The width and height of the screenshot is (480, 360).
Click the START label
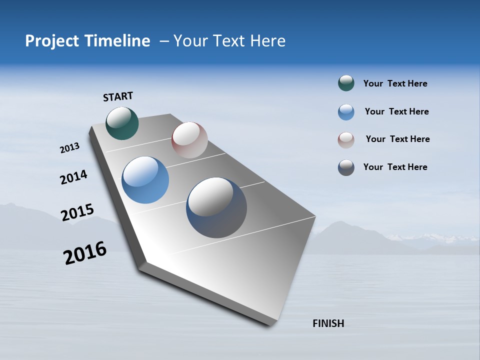(118, 96)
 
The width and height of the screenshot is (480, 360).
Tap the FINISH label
(328, 323)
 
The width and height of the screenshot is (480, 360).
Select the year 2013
(70, 148)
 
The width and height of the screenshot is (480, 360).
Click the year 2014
(73, 177)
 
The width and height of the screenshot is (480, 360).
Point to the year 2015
(77, 212)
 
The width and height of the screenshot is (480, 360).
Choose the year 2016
(85, 253)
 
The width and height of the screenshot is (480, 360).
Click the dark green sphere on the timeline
(122, 123)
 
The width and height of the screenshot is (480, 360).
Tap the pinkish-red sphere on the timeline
(189, 140)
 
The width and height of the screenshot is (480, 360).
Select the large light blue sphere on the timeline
(145, 180)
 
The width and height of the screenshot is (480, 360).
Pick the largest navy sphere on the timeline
(216, 207)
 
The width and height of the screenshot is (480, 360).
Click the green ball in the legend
(346, 83)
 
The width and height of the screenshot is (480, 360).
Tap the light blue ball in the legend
(346, 112)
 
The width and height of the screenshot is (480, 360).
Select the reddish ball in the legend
(346, 140)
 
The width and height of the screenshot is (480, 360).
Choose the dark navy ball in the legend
(346, 167)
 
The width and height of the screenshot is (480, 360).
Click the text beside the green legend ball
(395, 84)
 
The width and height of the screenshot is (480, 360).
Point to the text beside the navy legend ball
(395, 167)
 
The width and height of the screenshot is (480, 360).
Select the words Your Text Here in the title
(229, 41)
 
